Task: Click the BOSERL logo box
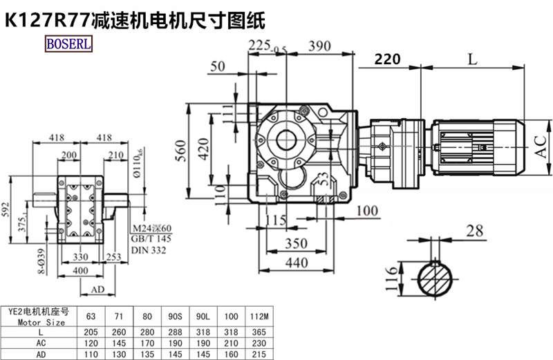point(68,45)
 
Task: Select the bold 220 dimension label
point(387,60)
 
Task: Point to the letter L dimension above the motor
point(472,59)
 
